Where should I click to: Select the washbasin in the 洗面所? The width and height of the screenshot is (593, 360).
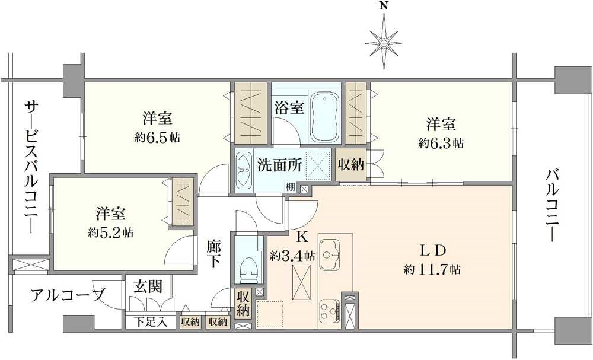pos(244,170)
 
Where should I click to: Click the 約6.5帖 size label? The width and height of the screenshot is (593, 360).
pos(157,137)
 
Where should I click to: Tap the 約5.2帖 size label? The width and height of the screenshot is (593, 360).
pos(111,232)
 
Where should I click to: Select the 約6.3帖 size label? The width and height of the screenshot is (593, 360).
pos(441,143)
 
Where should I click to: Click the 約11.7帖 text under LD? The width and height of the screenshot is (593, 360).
pos(432,269)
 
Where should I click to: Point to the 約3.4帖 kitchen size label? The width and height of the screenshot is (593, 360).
pos(292,256)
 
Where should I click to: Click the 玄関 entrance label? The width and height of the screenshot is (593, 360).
pos(148,286)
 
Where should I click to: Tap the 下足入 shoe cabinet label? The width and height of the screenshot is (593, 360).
pos(151,322)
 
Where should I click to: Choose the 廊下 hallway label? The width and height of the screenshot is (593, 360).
pos(214,254)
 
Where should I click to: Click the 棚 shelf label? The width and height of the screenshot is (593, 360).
pos(291,188)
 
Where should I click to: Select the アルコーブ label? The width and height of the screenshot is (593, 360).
pos(68,295)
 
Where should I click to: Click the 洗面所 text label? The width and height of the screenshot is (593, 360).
pos(279,165)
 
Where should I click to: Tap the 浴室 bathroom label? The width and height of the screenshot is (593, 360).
pos(289,109)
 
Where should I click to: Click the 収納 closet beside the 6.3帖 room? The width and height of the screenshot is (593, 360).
pos(350,164)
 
